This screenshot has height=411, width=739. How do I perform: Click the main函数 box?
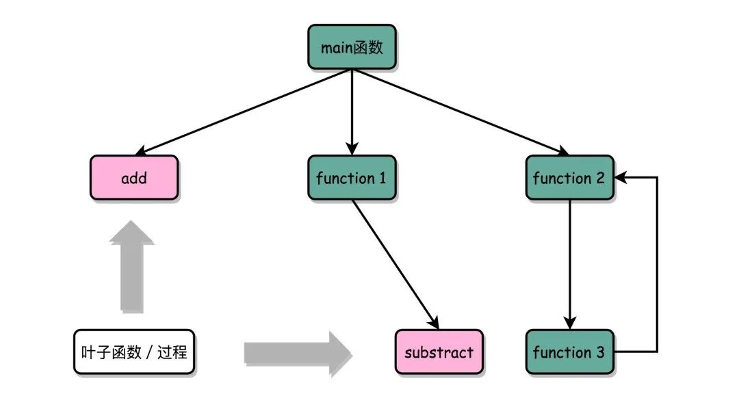pyautogui.click(x=352, y=47)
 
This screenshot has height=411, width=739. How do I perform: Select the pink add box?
pyautogui.click(x=134, y=178)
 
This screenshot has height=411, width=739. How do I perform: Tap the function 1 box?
pyautogui.click(x=352, y=178)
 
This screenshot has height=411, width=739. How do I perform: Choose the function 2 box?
pyautogui.click(x=569, y=178)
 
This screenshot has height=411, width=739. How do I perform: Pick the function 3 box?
pyautogui.click(x=569, y=352)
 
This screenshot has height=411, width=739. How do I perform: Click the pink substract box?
pyautogui.click(x=439, y=352)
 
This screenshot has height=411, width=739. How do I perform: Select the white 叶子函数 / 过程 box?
pyautogui.click(x=134, y=352)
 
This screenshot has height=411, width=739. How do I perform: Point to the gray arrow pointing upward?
pyautogui.click(x=132, y=267)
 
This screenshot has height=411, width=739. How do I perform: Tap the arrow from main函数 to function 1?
pyautogui.click(x=352, y=109)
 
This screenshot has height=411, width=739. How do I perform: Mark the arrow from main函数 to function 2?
pyautogui.click(x=458, y=111)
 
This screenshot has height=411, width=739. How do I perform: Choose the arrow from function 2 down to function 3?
pyautogui.click(x=569, y=263)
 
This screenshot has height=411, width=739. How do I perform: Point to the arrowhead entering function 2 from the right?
pyautogui.click(x=621, y=178)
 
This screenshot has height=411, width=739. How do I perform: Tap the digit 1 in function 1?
pyautogui.click(x=382, y=178)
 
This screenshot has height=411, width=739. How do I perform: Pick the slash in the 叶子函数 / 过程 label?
pyautogui.click(x=150, y=353)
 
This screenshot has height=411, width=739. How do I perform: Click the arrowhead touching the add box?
pyautogui.click(x=142, y=152)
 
